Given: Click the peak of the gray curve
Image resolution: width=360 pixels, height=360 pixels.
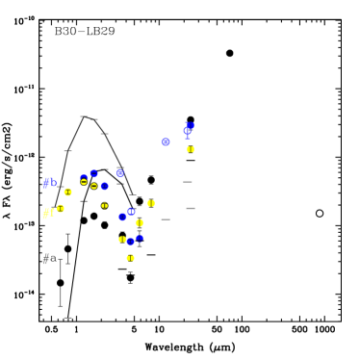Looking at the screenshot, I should click(x=85, y=116).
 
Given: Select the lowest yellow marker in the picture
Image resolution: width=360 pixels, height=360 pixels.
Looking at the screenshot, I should click(x=130, y=258).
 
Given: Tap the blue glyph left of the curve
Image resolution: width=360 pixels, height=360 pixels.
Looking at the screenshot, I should click(x=49, y=181).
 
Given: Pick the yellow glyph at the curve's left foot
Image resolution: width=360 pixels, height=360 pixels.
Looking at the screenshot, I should click(x=47, y=213).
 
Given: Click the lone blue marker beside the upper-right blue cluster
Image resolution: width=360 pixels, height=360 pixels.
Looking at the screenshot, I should click(x=166, y=141).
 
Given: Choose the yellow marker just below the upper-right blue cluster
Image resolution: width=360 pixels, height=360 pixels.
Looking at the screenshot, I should click(x=191, y=149).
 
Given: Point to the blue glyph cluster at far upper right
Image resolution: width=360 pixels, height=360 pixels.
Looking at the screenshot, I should click(x=189, y=128).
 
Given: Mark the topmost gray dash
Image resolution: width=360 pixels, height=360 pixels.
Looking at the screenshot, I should click(x=188, y=182).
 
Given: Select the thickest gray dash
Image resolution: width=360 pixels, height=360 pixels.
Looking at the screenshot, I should click(x=191, y=208).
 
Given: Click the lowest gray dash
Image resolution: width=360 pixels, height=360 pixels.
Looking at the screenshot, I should click(x=166, y=219).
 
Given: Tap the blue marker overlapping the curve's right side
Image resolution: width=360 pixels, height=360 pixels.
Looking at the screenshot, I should click(x=120, y=172).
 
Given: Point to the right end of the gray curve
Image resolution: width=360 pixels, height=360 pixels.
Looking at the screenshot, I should click(x=133, y=194).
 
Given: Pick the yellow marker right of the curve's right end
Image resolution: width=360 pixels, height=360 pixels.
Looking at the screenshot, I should click(x=151, y=203).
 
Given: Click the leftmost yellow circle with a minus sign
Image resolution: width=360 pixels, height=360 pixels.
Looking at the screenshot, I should click(x=84, y=181).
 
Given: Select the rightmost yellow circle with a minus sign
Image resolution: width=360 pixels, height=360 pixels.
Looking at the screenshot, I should click(x=93, y=186).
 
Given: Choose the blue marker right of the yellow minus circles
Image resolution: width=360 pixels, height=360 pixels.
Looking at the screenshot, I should click(x=104, y=186).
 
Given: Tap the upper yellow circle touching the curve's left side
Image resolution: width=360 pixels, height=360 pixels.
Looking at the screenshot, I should click(x=67, y=192).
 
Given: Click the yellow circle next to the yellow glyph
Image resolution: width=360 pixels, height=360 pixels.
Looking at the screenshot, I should click(x=61, y=209).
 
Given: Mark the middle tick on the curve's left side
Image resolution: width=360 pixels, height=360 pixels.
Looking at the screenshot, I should click(x=67, y=151).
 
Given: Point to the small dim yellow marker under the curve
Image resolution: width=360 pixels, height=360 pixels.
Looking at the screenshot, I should click(x=105, y=205).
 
